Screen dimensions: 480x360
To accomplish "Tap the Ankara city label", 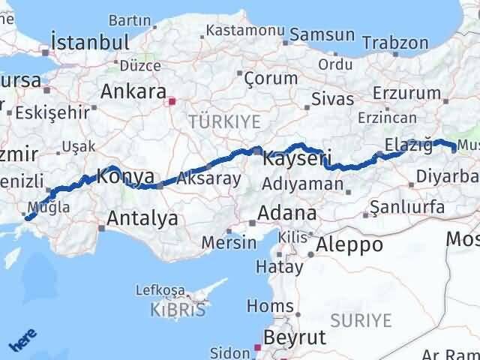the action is [x=133, y=92].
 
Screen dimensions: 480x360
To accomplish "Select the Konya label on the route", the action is [x=126, y=178].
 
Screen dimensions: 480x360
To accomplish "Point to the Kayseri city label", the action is [x=298, y=160].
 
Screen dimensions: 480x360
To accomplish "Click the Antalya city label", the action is [x=142, y=218].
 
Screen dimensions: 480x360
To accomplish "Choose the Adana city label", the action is [x=286, y=213].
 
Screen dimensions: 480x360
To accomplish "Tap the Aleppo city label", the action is [x=349, y=244].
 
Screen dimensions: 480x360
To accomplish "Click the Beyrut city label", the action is [x=296, y=337].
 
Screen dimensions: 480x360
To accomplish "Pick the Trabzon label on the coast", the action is [x=394, y=43].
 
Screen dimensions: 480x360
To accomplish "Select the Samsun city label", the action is [x=322, y=34].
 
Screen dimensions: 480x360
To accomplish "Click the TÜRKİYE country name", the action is [x=224, y=121].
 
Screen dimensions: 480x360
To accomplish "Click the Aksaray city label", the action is [x=210, y=178].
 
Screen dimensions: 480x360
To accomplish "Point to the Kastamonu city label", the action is [x=244, y=31].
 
